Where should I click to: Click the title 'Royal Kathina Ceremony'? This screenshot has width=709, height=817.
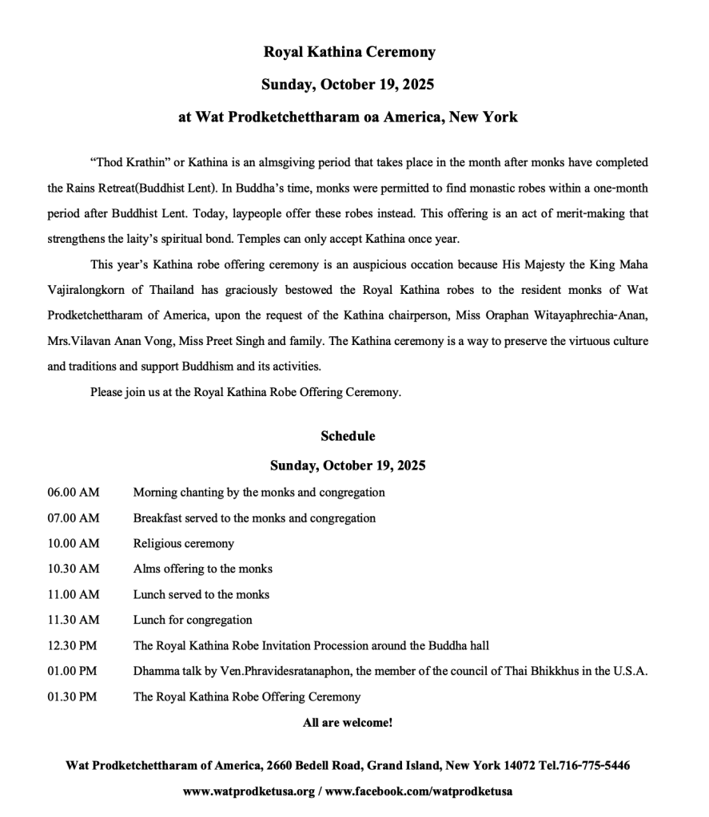[x=349, y=52]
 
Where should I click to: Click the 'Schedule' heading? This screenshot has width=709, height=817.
[x=348, y=436]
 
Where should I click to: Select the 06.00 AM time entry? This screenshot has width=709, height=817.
[x=74, y=493]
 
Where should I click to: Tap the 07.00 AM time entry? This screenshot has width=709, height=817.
[x=74, y=518]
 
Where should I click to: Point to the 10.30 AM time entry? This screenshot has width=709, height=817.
[x=74, y=569]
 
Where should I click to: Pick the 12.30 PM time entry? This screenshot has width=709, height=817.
[x=73, y=645]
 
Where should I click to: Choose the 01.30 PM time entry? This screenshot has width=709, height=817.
[x=73, y=696]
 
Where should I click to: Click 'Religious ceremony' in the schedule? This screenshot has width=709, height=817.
[x=184, y=544]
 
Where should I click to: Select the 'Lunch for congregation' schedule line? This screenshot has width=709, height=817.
[x=193, y=620]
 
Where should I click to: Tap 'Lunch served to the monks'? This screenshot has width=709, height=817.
[x=201, y=594]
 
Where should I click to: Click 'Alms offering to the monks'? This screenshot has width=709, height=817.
[x=203, y=569]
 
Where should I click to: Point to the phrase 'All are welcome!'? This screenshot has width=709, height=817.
[x=348, y=723]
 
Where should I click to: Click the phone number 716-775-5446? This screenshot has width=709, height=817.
[x=593, y=766]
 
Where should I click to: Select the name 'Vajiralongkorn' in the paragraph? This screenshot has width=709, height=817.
[x=83, y=290]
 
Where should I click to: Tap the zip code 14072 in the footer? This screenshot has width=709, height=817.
[x=506, y=766]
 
